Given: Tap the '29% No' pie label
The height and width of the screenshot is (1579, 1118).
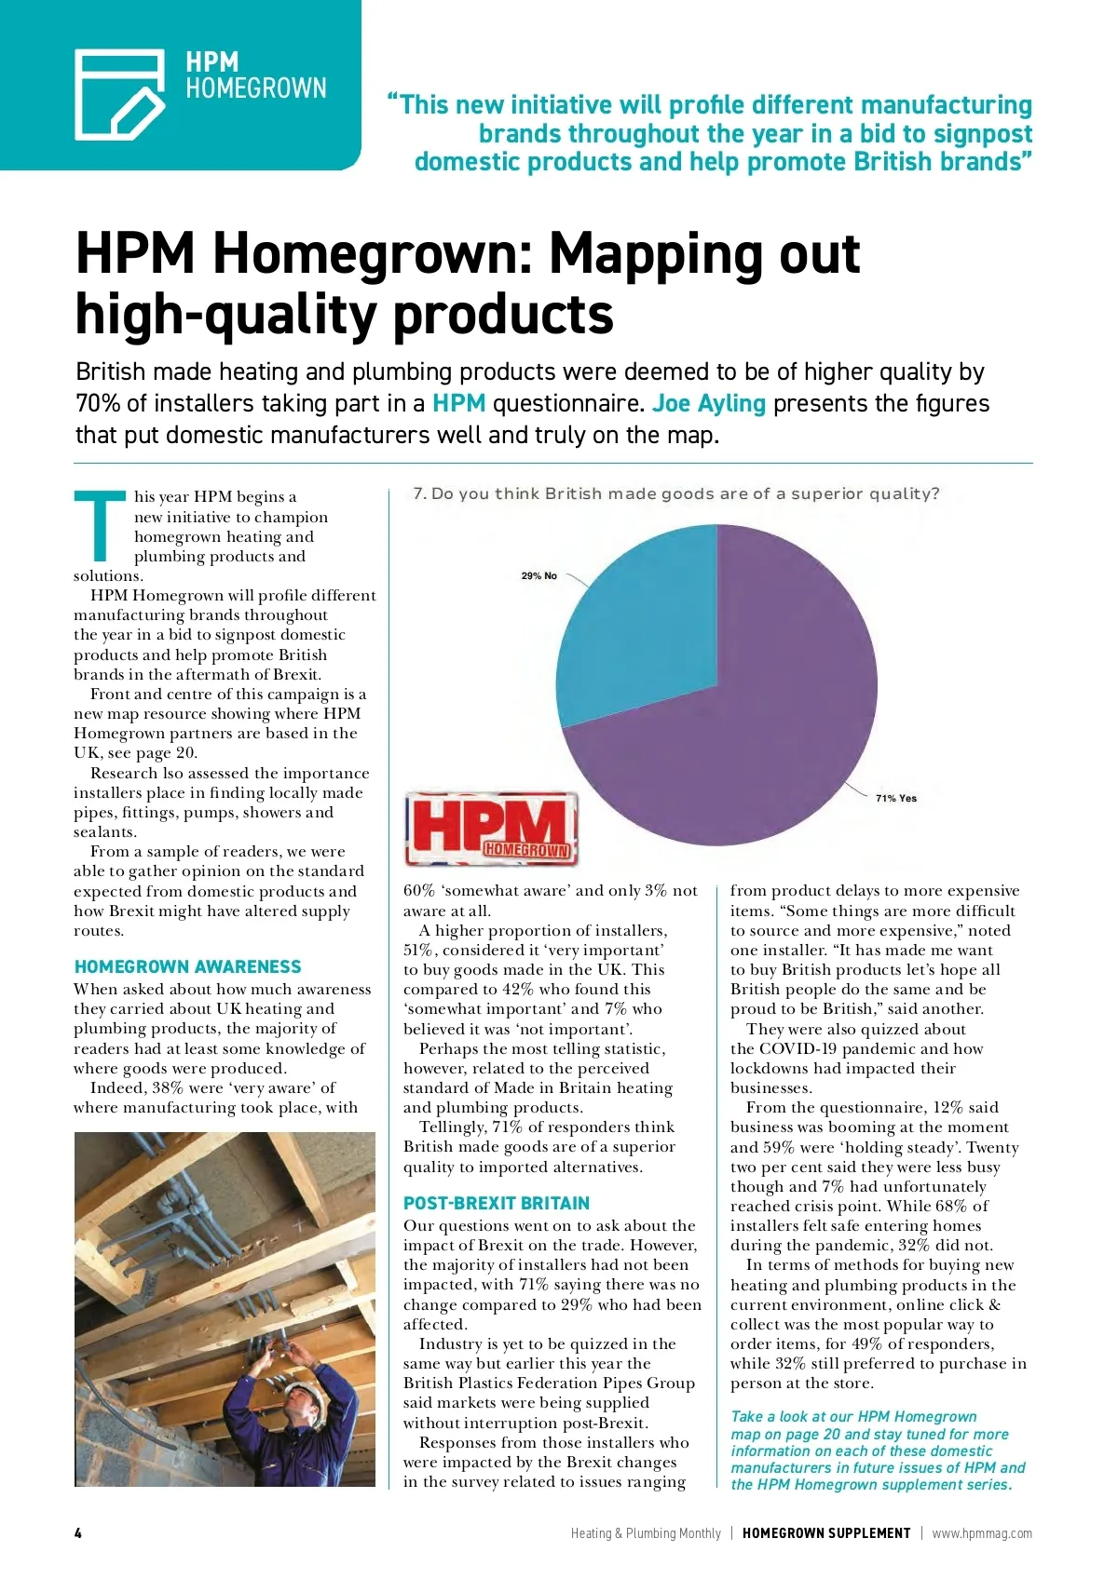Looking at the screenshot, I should click(x=539, y=575).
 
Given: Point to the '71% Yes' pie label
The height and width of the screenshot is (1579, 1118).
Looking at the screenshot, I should click(x=895, y=798).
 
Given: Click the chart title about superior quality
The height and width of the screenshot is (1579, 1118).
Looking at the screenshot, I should click(x=676, y=493).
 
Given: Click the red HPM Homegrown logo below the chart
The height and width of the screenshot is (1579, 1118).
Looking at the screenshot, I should click(x=491, y=829).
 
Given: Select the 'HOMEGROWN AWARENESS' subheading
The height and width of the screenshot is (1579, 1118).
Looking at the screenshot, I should click(x=187, y=966).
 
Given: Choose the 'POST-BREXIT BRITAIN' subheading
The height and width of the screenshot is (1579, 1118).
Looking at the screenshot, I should click(x=496, y=1203).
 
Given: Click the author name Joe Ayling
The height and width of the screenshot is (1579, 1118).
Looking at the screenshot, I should click(x=708, y=403).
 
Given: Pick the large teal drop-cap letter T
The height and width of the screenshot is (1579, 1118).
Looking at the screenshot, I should click(x=99, y=526).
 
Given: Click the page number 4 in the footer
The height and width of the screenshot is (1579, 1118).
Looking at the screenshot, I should click(x=78, y=1532).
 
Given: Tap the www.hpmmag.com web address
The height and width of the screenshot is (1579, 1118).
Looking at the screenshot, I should click(x=981, y=1532).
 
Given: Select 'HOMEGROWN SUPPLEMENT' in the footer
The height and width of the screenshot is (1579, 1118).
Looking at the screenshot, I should click(x=825, y=1532).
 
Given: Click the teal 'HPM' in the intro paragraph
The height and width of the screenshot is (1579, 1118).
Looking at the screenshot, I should click(x=458, y=403).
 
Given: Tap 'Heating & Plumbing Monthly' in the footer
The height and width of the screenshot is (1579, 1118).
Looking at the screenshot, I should click(x=646, y=1532).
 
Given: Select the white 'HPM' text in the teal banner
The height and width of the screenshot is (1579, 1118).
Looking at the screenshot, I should click(x=211, y=62).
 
